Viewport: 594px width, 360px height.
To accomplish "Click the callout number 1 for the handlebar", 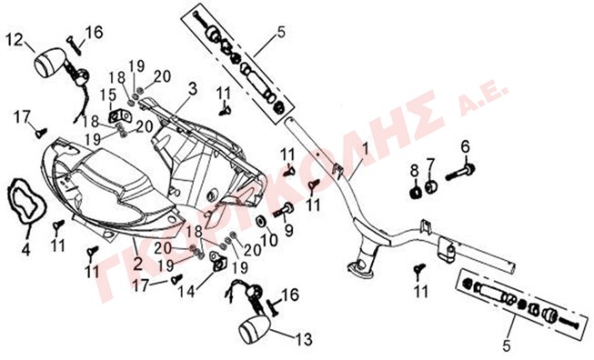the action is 365,149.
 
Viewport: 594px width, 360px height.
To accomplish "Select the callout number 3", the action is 193,89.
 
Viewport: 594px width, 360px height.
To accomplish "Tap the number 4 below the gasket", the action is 25,249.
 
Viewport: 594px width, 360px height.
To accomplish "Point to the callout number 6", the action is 465,146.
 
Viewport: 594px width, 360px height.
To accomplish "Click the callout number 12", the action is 15,40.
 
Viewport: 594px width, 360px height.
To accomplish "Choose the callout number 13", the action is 304,339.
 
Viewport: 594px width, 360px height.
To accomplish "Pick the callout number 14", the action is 186,291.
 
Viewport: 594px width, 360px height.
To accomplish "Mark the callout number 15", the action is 108,96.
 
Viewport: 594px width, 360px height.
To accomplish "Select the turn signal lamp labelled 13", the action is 255,329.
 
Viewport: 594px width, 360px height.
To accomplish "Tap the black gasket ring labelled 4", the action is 27,201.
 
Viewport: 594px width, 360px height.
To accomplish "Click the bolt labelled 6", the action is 460,172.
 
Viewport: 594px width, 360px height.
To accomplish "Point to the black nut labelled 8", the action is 416,193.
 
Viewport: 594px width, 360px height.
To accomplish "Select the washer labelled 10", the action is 261,222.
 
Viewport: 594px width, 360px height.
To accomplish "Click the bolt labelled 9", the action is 283,209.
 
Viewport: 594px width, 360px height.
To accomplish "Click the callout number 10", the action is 269,240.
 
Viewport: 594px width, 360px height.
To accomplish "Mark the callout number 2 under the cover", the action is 137,263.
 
